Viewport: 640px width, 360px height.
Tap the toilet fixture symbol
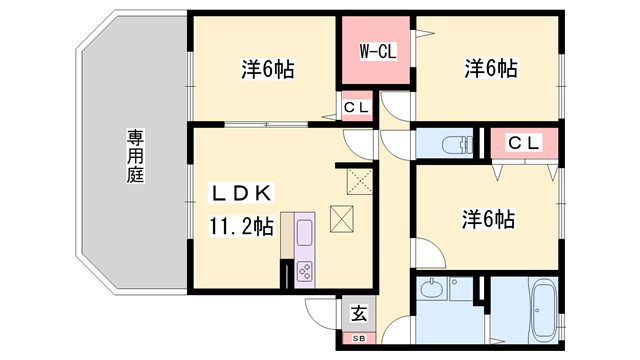pyautogui.click(x=455, y=143)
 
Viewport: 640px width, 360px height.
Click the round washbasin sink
pyautogui.click(x=432, y=292)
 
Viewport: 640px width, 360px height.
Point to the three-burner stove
pyautogui.click(x=305, y=271)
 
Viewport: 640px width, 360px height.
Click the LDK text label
pyautogui.click(x=240, y=192)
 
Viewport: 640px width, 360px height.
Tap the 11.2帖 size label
pyautogui.click(x=241, y=227)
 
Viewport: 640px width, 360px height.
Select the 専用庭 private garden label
pyautogui.click(x=135, y=155)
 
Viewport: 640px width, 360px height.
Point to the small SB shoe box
pyautogui.click(x=358, y=338)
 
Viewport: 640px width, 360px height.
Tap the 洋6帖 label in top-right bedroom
pyautogui.click(x=490, y=69)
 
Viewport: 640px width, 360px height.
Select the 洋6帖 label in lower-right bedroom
pyautogui.click(x=487, y=218)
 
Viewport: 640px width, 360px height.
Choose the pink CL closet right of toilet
pyautogui.click(x=523, y=143)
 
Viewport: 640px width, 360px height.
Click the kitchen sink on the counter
pyautogui.click(x=304, y=233)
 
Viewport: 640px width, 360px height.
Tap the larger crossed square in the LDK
pyautogui.click(x=342, y=218)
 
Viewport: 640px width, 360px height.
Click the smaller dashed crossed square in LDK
pyautogui.click(x=358, y=180)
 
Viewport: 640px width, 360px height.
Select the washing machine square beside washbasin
pyautogui.click(x=461, y=294)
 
